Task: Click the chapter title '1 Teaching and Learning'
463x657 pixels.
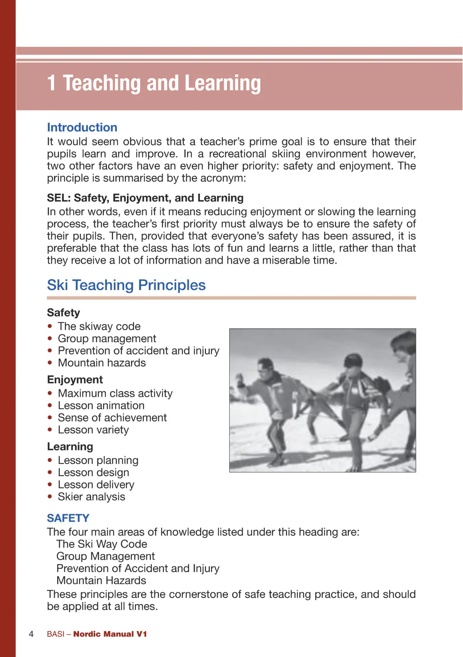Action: (x=154, y=83)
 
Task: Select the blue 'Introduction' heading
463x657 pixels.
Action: (x=82, y=128)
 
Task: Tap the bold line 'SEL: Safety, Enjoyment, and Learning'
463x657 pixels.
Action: (x=145, y=198)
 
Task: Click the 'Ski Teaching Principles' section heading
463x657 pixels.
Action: (x=126, y=285)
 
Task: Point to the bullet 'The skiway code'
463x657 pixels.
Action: (x=99, y=327)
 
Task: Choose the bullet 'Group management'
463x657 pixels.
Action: (x=107, y=339)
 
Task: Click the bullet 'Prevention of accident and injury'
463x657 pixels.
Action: (x=139, y=351)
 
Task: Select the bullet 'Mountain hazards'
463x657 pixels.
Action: (x=102, y=363)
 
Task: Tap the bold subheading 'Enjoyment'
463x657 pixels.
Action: (x=75, y=380)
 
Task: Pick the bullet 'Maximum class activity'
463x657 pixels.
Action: (x=115, y=393)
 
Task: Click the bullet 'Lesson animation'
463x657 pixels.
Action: (x=101, y=406)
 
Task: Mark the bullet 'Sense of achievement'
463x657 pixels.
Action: (x=112, y=418)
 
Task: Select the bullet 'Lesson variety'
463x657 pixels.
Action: (x=93, y=430)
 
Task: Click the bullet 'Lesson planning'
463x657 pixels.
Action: (x=98, y=460)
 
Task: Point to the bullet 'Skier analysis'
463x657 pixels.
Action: (x=91, y=497)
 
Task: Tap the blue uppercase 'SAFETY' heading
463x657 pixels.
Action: (x=68, y=518)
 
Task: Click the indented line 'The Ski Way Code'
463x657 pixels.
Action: (x=102, y=544)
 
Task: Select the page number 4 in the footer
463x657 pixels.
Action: (x=31, y=634)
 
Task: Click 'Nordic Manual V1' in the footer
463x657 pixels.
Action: (x=110, y=634)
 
